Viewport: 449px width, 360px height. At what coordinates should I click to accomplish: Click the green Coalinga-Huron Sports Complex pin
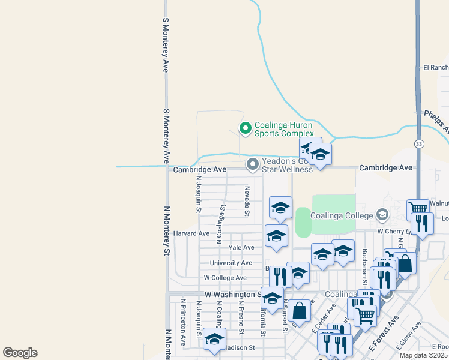coord(245,128)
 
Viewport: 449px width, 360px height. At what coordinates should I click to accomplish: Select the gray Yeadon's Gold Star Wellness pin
coord(253,164)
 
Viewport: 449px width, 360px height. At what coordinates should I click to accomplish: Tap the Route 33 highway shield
coord(418,143)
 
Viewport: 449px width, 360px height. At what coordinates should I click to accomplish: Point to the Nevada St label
coord(247,200)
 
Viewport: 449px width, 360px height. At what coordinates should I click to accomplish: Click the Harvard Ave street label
coord(191,233)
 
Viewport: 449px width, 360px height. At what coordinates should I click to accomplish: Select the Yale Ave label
coord(241,247)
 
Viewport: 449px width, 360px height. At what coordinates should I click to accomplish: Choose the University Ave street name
coord(231,263)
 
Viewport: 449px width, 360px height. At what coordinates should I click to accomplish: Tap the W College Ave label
coord(225,278)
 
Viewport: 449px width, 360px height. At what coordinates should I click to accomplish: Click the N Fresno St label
coord(240,317)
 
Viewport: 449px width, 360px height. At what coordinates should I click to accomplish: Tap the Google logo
coord(20,353)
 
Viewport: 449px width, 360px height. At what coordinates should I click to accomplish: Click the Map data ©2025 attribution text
coord(423,355)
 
